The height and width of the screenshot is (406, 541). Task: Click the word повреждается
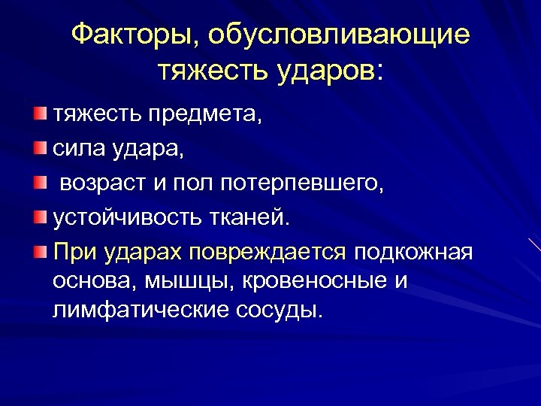(x=268, y=253)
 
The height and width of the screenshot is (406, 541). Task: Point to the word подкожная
(x=414, y=253)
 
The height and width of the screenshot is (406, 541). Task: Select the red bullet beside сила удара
(x=38, y=148)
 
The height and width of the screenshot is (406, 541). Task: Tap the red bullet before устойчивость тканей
(x=38, y=217)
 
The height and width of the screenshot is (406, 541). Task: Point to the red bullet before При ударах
(x=38, y=251)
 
